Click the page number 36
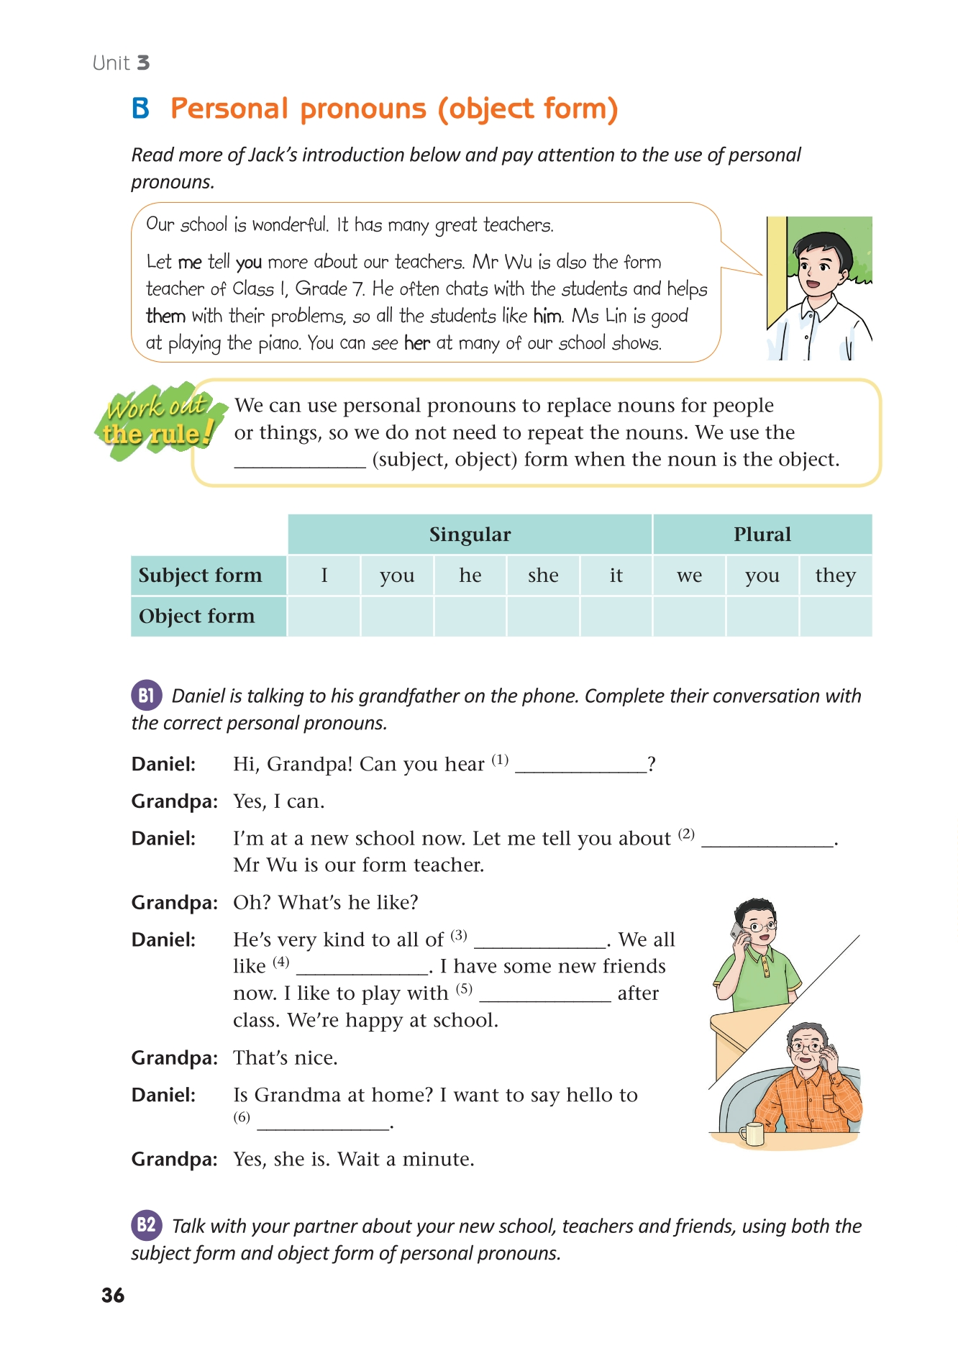point(113,1296)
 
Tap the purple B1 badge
point(146,695)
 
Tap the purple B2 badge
point(146,1224)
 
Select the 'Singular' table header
point(470,534)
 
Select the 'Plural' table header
point(762,534)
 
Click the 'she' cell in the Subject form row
point(543,575)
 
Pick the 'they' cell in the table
point(835,575)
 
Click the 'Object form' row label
point(197,616)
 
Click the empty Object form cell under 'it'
point(616,616)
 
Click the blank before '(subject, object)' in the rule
point(300,460)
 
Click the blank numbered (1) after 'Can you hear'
point(581,765)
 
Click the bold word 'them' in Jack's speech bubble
point(165,317)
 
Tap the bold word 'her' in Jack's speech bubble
point(416,343)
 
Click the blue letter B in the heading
point(141,109)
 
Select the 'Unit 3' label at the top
point(121,63)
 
